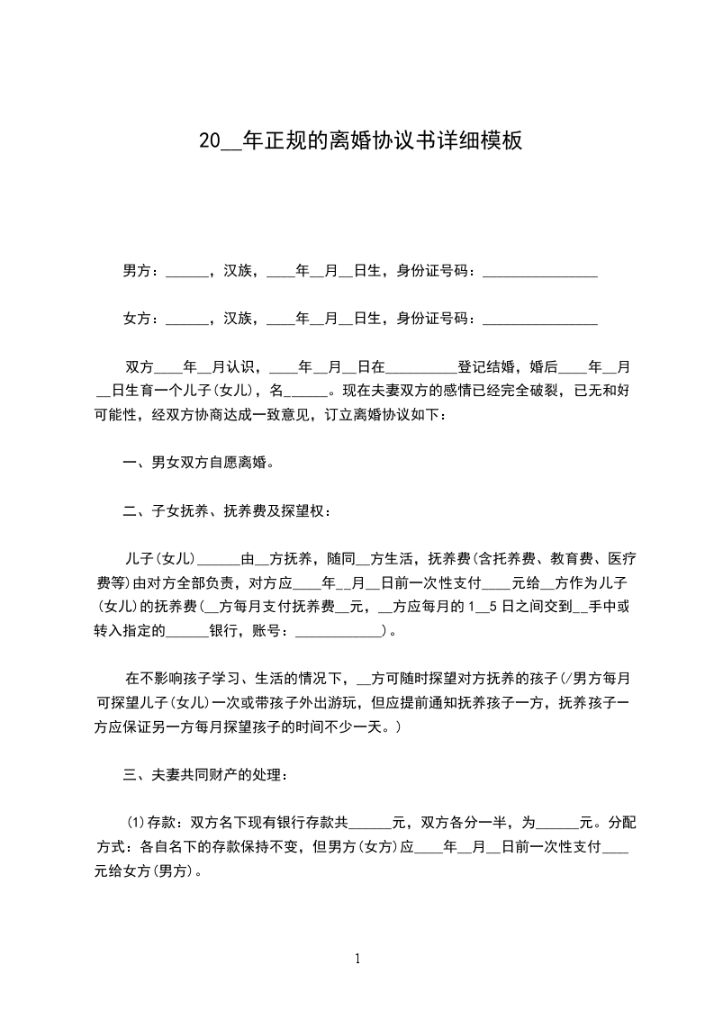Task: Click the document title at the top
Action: [x=360, y=141]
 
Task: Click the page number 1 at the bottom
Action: [x=357, y=959]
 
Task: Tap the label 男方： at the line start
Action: [x=142, y=269]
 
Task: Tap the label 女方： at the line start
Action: [x=142, y=318]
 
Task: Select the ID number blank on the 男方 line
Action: [x=540, y=271]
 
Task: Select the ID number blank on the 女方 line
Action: [x=540, y=320]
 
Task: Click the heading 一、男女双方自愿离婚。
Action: [x=198, y=464]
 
